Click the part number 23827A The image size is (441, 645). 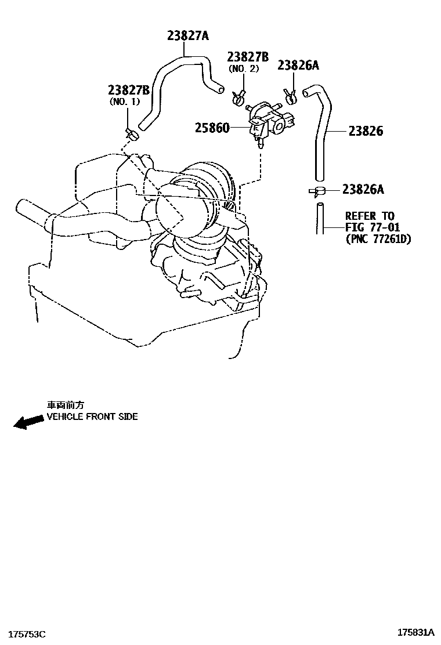coord(187,35)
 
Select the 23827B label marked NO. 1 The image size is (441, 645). coord(128,90)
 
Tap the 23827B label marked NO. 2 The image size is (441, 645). coord(248,57)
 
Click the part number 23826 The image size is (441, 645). coord(366,131)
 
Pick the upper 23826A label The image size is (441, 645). coord(298,66)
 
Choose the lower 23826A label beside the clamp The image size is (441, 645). coord(363,189)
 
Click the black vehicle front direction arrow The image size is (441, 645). coord(28,422)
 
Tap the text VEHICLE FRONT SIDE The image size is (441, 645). coord(92,416)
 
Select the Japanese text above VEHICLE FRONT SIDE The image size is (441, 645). coord(65,405)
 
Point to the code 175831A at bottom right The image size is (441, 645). coord(416,632)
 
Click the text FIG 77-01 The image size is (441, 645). coord(373,227)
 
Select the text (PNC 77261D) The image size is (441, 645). coord(378,238)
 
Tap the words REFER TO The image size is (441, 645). coord(370,216)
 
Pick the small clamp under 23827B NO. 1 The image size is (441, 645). coord(133,135)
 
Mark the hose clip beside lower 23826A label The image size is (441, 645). coord(317,191)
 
